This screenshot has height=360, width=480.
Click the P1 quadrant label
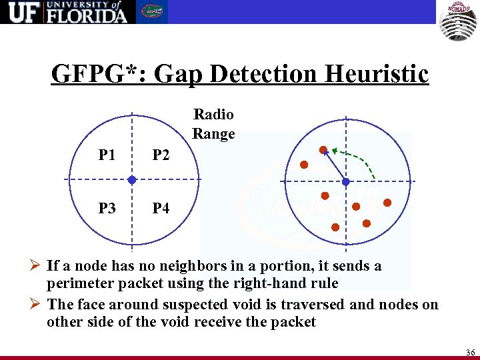pos(106,155)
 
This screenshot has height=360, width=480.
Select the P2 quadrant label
pos(161,155)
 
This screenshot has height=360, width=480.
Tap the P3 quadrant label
pos(106,208)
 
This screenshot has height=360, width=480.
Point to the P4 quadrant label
pos(161,208)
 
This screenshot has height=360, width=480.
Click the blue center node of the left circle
pos(132,180)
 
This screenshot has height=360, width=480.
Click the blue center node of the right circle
pos(346,181)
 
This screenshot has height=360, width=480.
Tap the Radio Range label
pos(213,124)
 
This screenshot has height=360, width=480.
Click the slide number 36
pos(470,352)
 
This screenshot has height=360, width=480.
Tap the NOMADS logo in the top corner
pos(457,21)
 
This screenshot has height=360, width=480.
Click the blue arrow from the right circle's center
pos(334,165)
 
